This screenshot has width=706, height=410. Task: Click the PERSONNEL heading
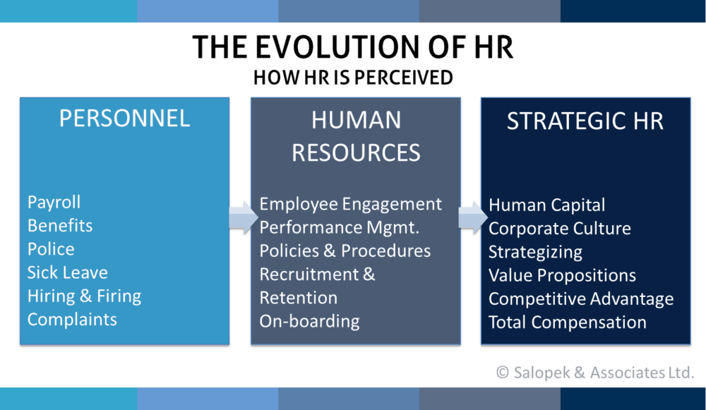pos(124,118)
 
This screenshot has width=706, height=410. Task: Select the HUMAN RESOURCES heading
pos(356,135)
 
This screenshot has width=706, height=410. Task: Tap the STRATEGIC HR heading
pos(585,121)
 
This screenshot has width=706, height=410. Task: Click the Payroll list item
pos(54,203)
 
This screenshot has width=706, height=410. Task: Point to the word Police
pos(51,249)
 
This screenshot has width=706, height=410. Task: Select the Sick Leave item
pos(67,272)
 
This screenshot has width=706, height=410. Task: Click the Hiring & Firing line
pos(84,296)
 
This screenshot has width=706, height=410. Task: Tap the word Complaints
pos(72,319)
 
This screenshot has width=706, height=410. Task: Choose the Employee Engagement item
pos(350,204)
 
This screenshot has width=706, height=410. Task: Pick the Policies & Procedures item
pos(345,251)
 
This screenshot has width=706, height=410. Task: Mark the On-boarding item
pos(309,321)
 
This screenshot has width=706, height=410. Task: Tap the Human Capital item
pos(546,205)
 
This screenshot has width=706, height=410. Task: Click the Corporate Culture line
pos(559,229)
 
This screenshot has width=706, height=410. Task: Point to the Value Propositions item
pos(562,275)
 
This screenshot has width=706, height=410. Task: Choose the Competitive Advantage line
pos(580,299)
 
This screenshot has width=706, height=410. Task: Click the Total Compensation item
pos(567,322)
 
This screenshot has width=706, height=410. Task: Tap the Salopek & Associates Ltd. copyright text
pos(594,372)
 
